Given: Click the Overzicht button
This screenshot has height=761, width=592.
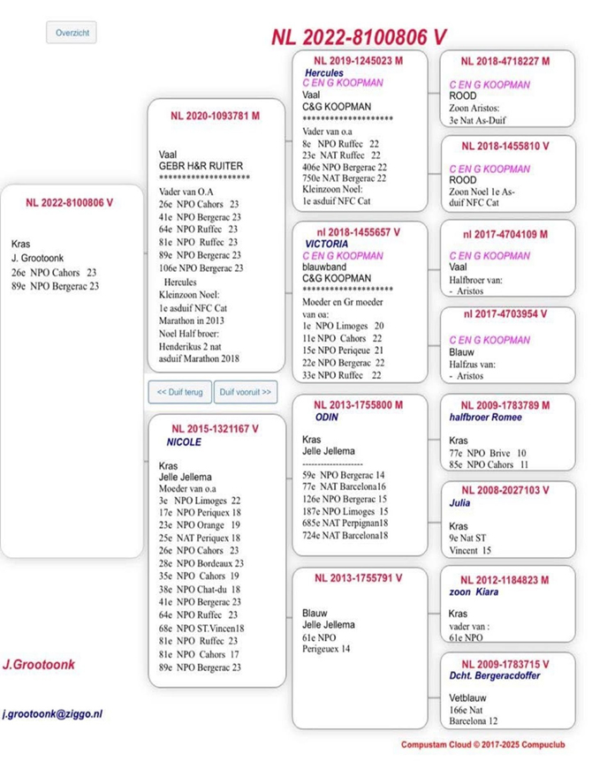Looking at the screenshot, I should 71,33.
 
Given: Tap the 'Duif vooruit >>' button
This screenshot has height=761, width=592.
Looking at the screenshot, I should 245,391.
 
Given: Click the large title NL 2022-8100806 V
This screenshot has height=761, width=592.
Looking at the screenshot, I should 359,36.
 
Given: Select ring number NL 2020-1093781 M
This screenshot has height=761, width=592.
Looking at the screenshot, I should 215,116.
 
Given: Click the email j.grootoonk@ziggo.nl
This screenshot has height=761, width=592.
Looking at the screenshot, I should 53,712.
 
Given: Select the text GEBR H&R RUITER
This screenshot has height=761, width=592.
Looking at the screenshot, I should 201,165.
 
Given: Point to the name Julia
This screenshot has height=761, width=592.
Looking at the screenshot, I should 460,503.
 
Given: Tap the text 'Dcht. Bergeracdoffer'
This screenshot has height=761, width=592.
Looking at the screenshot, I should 496,676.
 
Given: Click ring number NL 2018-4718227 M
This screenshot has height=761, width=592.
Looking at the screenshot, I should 505,61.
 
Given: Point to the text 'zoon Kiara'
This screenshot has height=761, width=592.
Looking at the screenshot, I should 474,591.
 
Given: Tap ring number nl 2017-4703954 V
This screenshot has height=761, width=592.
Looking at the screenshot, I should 505,315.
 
